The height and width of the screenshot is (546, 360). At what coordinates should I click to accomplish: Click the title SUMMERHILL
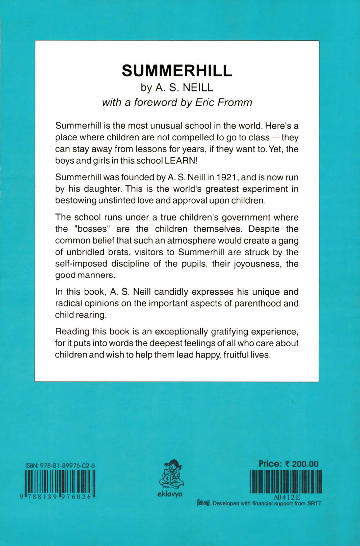(x=177, y=71)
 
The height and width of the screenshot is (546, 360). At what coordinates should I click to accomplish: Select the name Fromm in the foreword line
(x=235, y=103)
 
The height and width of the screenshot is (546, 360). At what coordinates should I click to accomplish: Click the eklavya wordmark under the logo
(x=170, y=494)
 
